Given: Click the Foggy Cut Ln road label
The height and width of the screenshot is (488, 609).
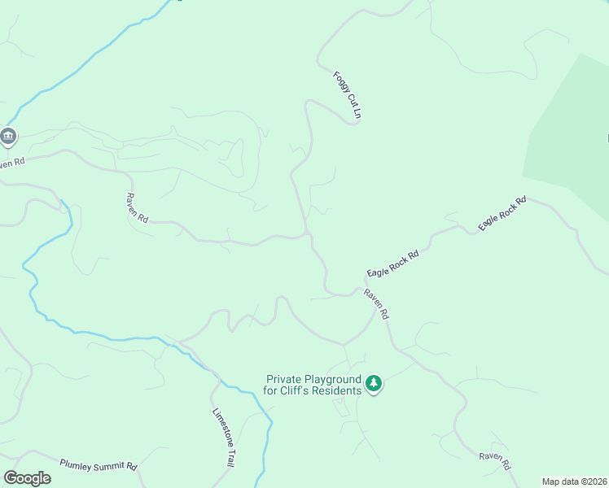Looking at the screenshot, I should click(x=346, y=96).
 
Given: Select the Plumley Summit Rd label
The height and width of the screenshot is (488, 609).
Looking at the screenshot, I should click(x=99, y=465).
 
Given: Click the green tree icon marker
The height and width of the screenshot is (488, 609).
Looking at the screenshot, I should click(x=374, y=382).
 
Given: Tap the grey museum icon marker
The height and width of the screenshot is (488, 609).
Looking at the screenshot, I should click(x=8, y=137).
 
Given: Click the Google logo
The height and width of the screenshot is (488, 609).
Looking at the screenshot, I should click(x=27, y=478).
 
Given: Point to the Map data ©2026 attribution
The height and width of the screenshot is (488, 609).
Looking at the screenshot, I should click(x=575, y=481).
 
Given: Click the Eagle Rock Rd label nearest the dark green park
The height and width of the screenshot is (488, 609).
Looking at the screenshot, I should click(x=502, y=213).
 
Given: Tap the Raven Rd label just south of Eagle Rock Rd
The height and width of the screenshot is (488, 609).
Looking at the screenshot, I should click(x=377, y=303).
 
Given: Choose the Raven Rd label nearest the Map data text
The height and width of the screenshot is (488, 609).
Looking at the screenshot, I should click(x=494, y=460).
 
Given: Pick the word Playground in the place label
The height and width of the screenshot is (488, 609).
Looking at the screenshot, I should click(x=332, y=379).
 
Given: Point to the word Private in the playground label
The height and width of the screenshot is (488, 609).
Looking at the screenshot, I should click(x=283, y=379).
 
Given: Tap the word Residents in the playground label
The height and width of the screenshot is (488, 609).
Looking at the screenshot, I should click(x=340, y=390).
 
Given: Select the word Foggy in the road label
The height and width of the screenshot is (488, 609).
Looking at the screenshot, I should click(x=340, y=85).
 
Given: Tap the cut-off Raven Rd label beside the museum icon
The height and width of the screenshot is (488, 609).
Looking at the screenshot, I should click(x=12, y=163).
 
